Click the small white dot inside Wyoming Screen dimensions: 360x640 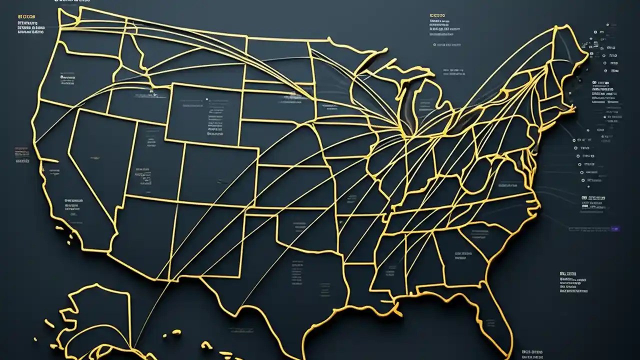206,99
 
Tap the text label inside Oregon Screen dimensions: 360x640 67,77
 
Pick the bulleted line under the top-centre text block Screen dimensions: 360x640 447,45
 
